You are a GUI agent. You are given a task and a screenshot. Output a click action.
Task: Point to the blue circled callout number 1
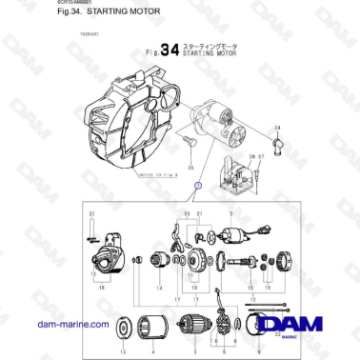[x=170, y=183]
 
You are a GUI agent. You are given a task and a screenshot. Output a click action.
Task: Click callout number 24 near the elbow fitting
[x=277, y=127]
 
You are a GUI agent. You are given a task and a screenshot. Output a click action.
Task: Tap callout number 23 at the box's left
[x=91, y=216]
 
